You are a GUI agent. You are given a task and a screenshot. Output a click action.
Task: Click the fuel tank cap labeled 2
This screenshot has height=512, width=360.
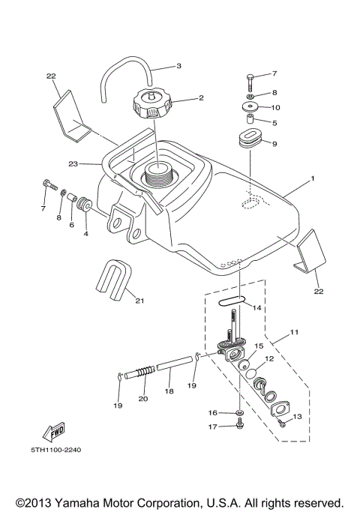click(x=154, y=103)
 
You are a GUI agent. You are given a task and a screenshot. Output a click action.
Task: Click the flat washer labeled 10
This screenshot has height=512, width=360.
click(x=250, y=108)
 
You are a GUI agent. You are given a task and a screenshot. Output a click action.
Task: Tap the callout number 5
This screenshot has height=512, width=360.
click(x=274, y=123)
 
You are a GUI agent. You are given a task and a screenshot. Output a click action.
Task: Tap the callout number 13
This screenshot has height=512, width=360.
click(x=296, y=416)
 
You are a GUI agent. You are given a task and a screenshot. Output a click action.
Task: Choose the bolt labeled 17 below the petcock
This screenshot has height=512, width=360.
click(x=239, y=425)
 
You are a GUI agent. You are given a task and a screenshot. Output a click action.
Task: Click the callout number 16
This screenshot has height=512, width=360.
click(x=213, y=412)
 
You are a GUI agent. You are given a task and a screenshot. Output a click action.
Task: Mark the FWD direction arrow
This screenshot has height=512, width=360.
click(x=55, y=433)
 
